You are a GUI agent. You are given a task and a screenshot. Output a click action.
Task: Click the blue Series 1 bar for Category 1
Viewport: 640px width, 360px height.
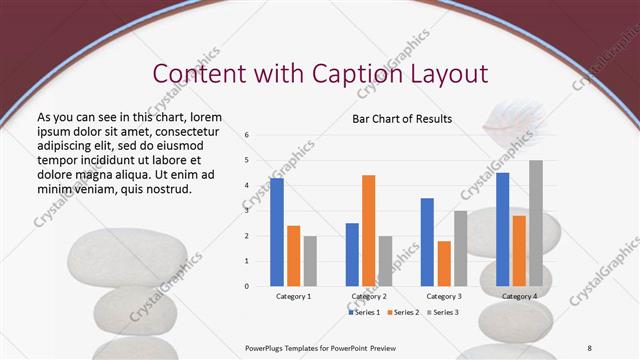277,232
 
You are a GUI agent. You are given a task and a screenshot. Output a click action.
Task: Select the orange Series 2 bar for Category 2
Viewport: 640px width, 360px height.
368,231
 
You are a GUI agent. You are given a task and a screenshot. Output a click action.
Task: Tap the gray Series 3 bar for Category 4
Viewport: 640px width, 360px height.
536,223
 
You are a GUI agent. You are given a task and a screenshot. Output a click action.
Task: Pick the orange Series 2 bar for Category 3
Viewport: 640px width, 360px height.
444,263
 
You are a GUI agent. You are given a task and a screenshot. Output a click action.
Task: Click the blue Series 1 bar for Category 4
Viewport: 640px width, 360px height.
502,229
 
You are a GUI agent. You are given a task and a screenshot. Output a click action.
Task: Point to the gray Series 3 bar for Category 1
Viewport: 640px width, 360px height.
310,261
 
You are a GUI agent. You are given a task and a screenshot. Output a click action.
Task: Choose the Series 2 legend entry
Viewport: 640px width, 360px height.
403,312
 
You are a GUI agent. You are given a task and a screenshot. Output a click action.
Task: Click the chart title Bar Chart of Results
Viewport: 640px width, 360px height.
402,119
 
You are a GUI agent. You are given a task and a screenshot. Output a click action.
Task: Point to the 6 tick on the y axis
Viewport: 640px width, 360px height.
247,134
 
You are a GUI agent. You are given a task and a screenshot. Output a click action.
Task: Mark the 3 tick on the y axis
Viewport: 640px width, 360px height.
247,210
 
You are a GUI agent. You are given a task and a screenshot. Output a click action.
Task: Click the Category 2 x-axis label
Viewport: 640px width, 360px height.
369,297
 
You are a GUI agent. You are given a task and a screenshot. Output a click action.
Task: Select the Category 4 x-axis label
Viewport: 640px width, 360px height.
519,297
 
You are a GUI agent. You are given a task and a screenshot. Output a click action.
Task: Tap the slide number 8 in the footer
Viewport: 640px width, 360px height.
590,347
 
